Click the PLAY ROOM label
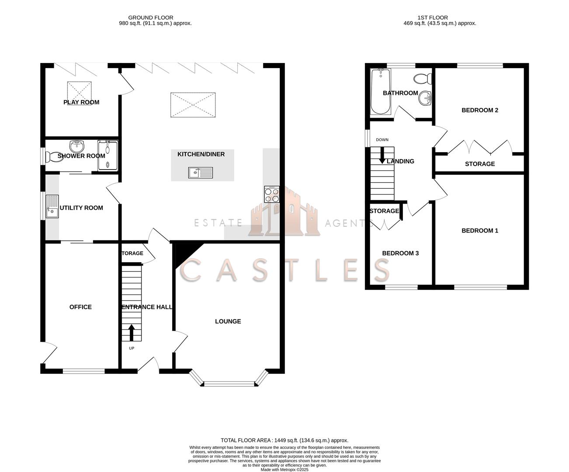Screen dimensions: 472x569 tap(81, 102)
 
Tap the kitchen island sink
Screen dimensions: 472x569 tap(201, 173)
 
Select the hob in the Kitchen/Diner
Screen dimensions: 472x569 tap(272, 194)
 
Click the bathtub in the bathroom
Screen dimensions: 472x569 tap(380, 92)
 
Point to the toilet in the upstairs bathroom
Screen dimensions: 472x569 tap(422, 79)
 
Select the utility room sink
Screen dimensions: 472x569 tap(52, 206)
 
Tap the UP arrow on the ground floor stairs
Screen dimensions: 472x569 tap(131, 332)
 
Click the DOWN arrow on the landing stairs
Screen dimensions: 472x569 tap(382, 156)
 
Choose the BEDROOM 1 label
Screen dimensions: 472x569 tap(480, 231)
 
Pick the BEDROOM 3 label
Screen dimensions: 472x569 tap(400, 253)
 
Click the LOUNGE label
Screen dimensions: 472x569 tap(228, 321)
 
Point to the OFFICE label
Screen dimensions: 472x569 tap(80, 307)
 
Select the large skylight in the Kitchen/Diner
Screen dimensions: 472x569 tap(193, 105)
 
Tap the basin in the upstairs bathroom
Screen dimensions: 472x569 tap(424, 98)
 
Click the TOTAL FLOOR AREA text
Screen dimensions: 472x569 tap(284, 441)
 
